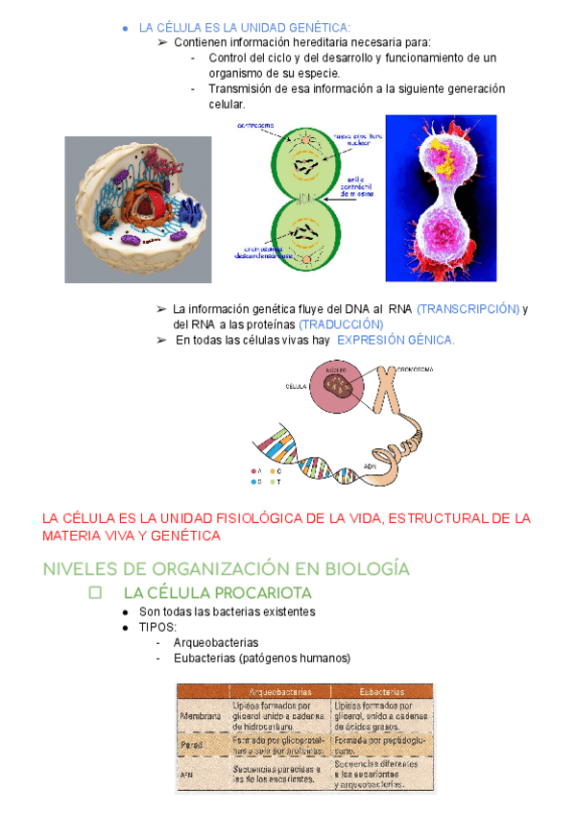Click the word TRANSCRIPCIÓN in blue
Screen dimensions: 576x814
tap(468, 309)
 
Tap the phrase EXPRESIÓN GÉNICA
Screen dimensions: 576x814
tap(396, 341)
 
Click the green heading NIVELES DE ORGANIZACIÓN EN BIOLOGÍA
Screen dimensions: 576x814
tap(226, 568)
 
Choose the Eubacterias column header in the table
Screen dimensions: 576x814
tap(380, 691)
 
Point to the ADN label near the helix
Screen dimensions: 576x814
tap(370, 466)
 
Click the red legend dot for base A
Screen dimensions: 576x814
tap(254, 471)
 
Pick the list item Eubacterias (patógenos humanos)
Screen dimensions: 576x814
tap(262, 658)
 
